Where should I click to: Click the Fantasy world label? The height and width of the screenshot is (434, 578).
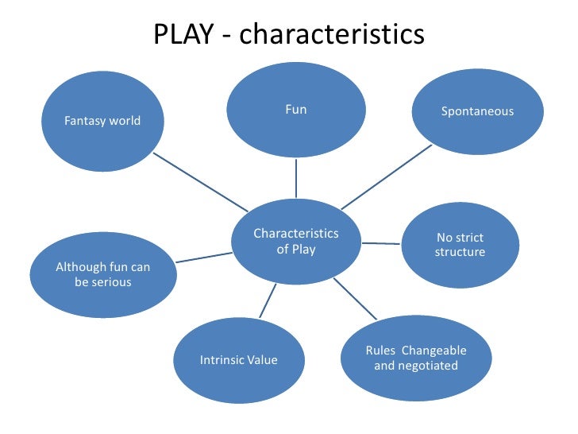(x=102, y=121)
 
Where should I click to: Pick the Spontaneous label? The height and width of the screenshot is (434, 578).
(x=477, y=111)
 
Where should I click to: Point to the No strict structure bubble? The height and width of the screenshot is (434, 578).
(x=460, y=245)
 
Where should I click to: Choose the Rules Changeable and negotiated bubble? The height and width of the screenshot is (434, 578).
(x=415, y=358)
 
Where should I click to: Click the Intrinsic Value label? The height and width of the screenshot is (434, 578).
(x=238, y=360)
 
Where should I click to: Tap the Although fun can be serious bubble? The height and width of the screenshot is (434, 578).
(x=102, y=274)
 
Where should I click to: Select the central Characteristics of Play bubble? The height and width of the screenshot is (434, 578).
(x=295, y=241)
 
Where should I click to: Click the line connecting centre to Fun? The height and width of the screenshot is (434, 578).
(x=296, y=178)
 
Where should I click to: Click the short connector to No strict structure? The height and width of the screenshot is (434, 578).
(x=381, y=242)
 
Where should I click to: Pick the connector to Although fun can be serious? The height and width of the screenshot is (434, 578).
(x=202, y=257)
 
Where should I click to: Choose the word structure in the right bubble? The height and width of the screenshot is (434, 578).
(x=460, y=253)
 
